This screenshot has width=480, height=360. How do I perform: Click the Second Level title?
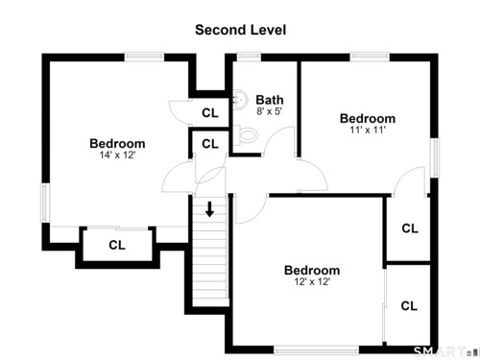(240, 30)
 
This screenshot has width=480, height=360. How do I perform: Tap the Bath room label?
(270, 100)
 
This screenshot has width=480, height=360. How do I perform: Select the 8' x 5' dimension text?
(269, 111)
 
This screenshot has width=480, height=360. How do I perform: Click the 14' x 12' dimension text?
(117, 155)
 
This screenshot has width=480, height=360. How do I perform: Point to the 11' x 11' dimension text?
(368, 130)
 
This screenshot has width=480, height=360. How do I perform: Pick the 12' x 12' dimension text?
(312, 281)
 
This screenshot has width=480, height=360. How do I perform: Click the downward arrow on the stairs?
(210, 209)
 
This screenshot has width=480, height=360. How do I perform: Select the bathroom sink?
(240, 100)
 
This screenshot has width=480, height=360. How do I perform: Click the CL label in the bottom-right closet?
(409, 306)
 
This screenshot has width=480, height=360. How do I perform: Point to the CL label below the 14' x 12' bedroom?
(117, 245)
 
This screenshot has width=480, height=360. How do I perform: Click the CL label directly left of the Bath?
(210, 112)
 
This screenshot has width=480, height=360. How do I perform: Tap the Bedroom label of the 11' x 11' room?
(368, 118)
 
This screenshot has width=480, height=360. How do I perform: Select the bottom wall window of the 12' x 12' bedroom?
(316, 349)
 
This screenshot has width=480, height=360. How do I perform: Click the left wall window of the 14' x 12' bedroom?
(45, 203)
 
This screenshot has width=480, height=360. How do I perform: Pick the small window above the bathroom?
(249, 58)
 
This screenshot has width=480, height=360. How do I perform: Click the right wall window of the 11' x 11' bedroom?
(434, 157)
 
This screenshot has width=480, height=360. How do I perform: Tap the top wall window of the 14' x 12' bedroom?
(144, 58)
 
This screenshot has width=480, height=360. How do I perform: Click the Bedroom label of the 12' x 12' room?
(312, 271)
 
